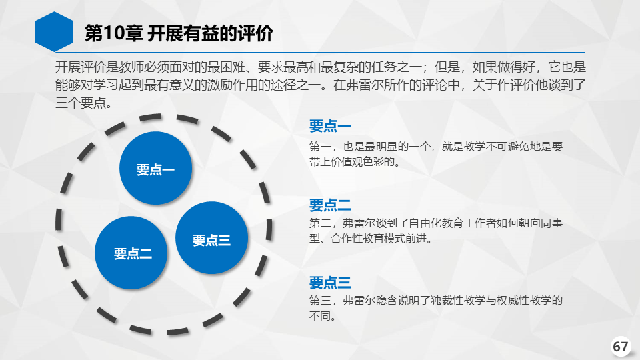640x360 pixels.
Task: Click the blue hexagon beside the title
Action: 54,32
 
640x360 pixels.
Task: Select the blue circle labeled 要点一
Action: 155,168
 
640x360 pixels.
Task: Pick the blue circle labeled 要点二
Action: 131,253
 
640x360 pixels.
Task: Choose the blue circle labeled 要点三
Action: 211,238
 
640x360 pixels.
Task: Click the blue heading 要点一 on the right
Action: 330,126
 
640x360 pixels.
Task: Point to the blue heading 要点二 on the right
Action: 330,205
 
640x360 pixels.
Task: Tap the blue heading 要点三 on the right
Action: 330,283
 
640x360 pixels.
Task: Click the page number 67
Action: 621,347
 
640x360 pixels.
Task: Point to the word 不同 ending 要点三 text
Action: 319,316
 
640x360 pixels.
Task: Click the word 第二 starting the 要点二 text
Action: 320,223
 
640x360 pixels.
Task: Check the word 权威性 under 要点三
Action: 503,301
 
